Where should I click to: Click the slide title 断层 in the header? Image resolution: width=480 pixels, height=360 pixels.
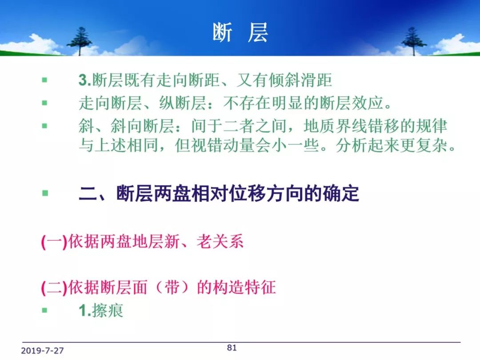point(240,32)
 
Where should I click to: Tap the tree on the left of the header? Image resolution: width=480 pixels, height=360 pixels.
point(79,41)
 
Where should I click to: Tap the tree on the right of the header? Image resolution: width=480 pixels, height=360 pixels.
point(414,41)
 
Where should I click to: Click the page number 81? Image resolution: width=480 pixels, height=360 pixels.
point(232,348)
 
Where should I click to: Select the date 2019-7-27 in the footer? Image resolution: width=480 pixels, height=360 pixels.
point(42,351)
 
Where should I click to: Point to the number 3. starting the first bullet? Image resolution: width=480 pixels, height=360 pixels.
point(85,80)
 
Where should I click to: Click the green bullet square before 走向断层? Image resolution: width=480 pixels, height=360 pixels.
point(45,103)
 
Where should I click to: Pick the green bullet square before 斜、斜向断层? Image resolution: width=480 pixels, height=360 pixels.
point(45,125)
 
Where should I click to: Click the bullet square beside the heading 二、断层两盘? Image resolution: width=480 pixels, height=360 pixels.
point(45,193)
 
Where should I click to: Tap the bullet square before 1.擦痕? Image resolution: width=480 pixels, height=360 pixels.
point(45,310)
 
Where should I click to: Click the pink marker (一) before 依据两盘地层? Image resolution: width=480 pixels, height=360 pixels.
point(54,242)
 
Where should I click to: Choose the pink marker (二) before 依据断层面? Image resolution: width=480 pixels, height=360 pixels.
point(54,288)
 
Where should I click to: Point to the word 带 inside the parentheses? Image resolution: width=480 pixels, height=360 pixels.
point(172,287)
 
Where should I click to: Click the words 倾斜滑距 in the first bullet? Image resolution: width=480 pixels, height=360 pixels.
point(300,80)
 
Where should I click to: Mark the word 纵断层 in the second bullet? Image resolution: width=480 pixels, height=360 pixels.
point(183,103)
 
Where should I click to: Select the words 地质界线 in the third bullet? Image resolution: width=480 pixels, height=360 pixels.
point(336,126)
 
